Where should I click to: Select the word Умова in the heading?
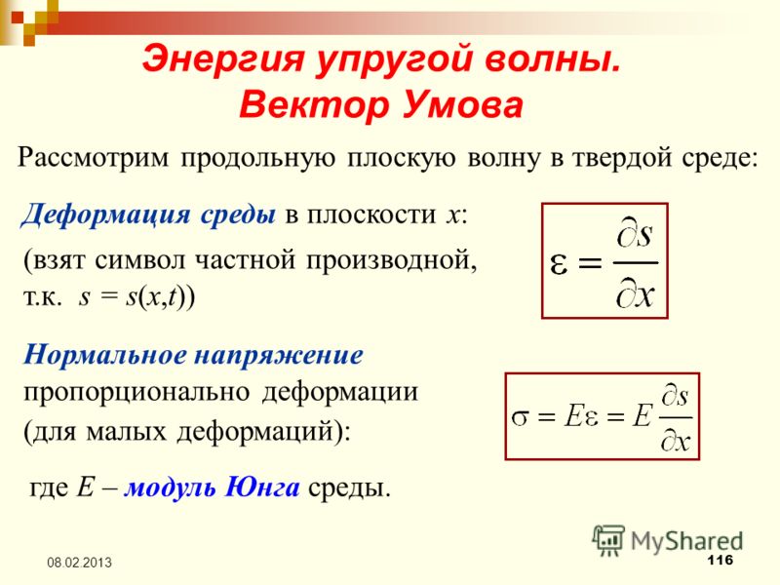[x=462, y=105]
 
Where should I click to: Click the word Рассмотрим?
[x=93, y=158]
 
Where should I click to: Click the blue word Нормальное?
[x=103, y=355]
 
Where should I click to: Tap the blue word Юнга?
[x=262, y=487]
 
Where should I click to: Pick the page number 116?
[x=720, y=560]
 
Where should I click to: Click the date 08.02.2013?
[x=79, y=563]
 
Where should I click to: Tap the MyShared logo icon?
[x=608, y=541]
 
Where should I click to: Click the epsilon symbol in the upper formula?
[x=559, y=264]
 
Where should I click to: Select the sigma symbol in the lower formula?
[x=520, y=416]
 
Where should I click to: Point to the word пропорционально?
[x=136, y=393]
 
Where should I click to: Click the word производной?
[x=391, y=260]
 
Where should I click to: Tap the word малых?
[x=127, y=431]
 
